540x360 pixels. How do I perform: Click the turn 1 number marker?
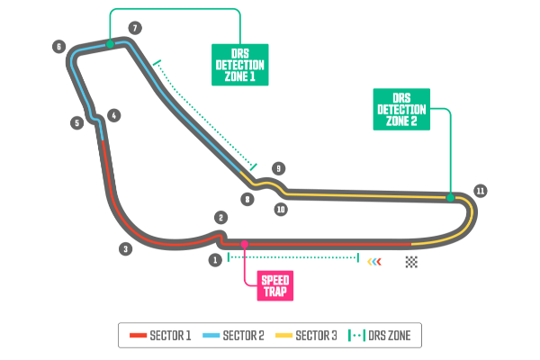coord(215,260)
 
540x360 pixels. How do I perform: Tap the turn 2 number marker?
coord(221,217)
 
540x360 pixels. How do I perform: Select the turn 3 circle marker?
coord(126,248)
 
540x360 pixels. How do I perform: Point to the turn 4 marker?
coord(113,115)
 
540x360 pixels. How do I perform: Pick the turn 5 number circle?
coord(77,122)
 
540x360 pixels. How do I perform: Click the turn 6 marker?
coord(59,47)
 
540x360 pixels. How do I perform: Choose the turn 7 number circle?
coord(135,28)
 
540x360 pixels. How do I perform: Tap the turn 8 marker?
coord(247,199)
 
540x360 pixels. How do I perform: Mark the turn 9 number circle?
coord(279,168)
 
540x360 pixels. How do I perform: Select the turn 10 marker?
coord(281,209)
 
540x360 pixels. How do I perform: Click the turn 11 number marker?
coord(481,191)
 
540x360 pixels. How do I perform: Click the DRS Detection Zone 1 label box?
coord(240,65)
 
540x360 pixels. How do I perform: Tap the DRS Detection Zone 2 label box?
coord(401,109)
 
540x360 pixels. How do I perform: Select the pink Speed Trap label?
coord(275,285)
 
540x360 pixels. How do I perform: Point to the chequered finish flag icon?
coord(411,262)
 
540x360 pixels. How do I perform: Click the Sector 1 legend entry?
coord(161,336)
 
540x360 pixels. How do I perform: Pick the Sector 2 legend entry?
coord(234,336)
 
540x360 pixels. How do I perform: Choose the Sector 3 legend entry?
coord(307,336)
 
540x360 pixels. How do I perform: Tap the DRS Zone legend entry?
coord(381,336)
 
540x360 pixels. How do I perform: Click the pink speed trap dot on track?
coord(245,244)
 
